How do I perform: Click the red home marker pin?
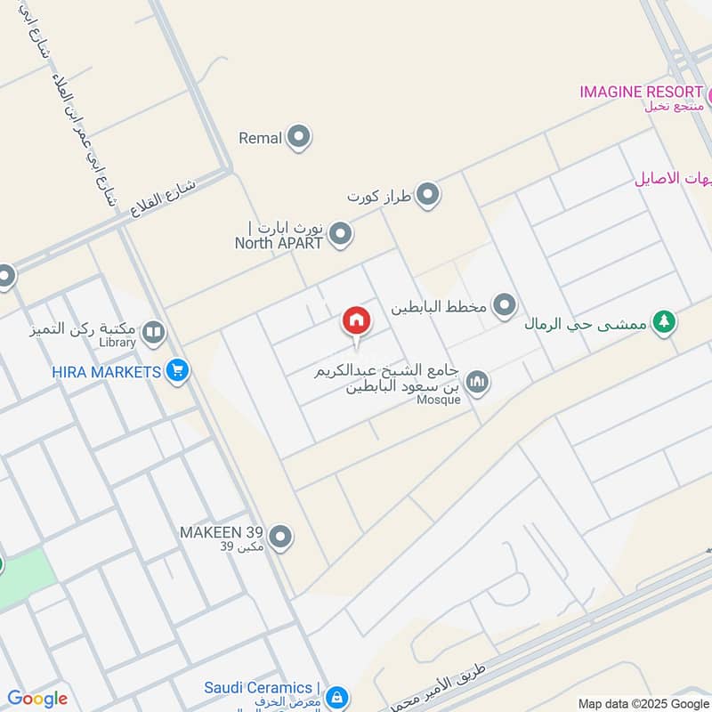[x=356, y=321]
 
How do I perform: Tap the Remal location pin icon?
[x=299, y=137]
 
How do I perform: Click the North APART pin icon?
[x=340, y=235]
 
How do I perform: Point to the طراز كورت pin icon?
[x=429, y=194]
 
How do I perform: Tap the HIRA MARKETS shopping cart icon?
[x=178, y=371]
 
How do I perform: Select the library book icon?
[x=153, y=333]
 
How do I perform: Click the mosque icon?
[x=478, y=382]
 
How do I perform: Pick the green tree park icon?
[x=663, y=322]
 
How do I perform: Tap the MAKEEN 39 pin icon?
[x=280, y=537]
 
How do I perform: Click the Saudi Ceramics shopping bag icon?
[x=336, y=696]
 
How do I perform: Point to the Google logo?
[x=37, y=699]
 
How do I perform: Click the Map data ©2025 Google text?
[x=642, y=702]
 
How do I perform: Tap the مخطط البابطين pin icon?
[x=505, y=306]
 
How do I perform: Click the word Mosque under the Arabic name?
[x=439, y=400]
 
